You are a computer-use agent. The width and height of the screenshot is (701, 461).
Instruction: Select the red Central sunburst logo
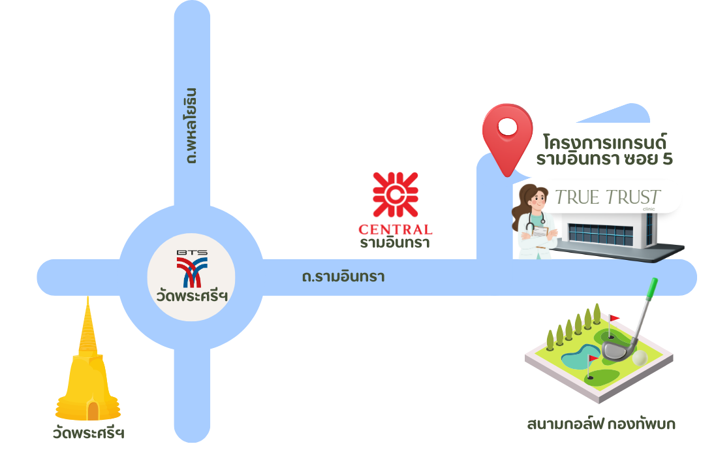coord(395,195)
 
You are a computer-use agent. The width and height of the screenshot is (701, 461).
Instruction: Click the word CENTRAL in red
coord(395,229)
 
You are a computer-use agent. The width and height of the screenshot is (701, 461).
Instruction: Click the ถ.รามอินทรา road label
coord(343,277)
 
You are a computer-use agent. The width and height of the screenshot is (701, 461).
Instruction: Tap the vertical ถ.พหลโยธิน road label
coord(191,125)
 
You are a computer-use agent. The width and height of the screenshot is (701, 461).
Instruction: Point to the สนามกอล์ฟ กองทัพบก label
coord(601,425)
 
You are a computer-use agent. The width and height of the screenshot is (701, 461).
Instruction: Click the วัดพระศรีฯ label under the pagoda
coord(88,433)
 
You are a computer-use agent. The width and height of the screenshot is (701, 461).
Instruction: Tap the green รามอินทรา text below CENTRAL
coord(394,243)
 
